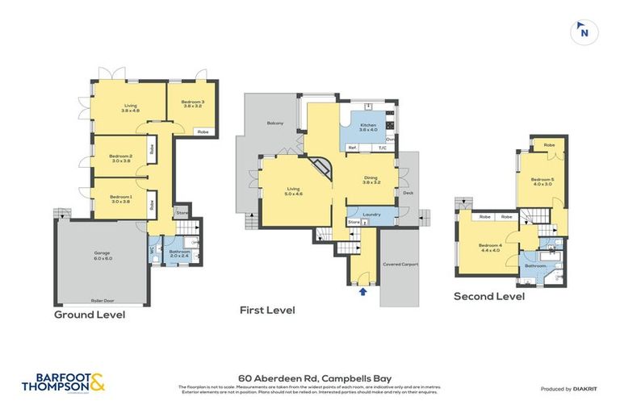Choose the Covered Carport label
(x=400, y=264)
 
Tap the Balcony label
(x=275, y=123)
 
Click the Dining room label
(x=371, y=181)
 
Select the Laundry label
(x=372, y=214)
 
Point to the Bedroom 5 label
(x=542, y=180)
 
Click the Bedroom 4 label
(x=490, y=247)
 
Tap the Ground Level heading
(x=89, y=315)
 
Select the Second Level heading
(x=488, y=296)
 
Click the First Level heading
(x=267, y=310)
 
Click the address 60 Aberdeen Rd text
(x=310, y=377)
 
